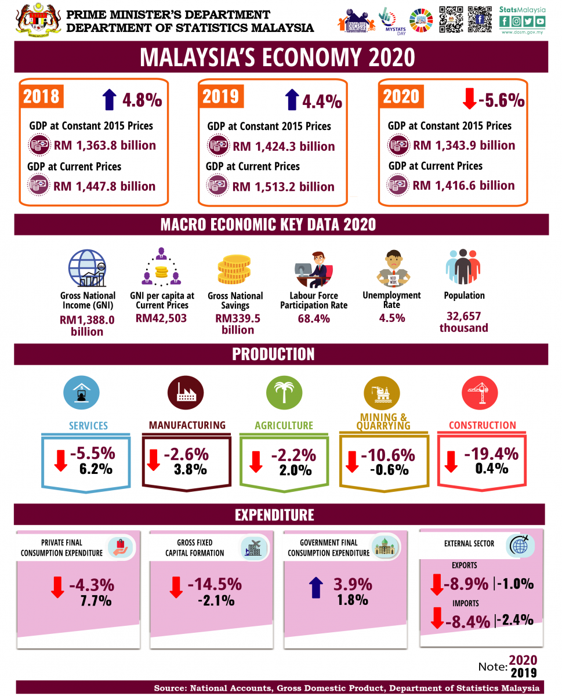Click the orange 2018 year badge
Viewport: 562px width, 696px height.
pyautogui.click(x=42, y=95)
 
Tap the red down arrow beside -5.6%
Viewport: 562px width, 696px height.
pyautogui.click(x=469, y=99)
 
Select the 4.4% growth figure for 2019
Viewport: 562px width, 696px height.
pyautogui.click(x=322, y=101)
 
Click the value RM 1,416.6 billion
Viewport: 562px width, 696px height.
pyautogui.click(x=463, y=186)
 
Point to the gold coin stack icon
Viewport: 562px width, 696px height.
pyautogui.click(x=234, y=270)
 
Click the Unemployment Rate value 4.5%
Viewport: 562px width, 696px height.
pyautogui.click(x=391, y=318)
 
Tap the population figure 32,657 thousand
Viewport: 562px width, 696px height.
pyautogui.click(x=463, y=322)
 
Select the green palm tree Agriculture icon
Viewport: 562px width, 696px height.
pyautogui.click(x=284, y=392)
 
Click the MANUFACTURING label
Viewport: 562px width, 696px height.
pyautogui.click(x=187, y=425)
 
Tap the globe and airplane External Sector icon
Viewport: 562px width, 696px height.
pyautogui.click(x=520, y=545)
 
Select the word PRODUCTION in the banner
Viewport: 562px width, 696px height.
pyautogui.click(x=273, y=354)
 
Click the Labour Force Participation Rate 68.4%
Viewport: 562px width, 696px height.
pyautogui.click(x=313, y=318)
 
